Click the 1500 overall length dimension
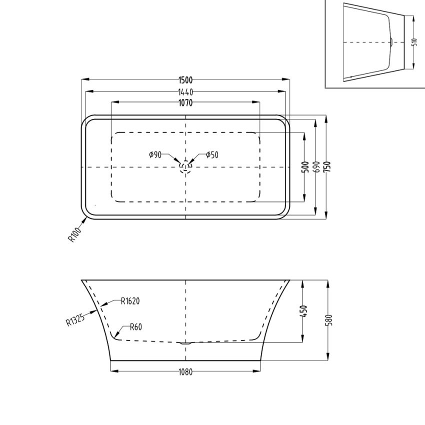pyautogui.click(x=185, y=80)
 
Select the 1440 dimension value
pyautogui.click(x=185, y=92)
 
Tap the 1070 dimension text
pyautogui.click(x=185, y=103)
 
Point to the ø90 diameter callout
pyautogui.click(x=155, y=155)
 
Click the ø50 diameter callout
pyautogui.click(x=212, y=155)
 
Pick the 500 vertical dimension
pyautogui.click(x=304, y=167)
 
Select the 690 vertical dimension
pyautogui.click(x=315, y=167)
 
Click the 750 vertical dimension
pyautogui.click(x=327, y=167)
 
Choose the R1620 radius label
pyautogui.click(x=130, y=301)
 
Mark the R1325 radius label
pyautogui.click(x=75, y=318)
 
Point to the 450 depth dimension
pyautogui.click(x=304, y=311)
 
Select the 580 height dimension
pyautogui.click(x=328, y=319)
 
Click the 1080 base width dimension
pyautogui.click(x=185, y=372)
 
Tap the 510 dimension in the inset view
pyautogui.click(x=414, y=42)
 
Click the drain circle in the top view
pyautogui.click(x=185, y=166)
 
